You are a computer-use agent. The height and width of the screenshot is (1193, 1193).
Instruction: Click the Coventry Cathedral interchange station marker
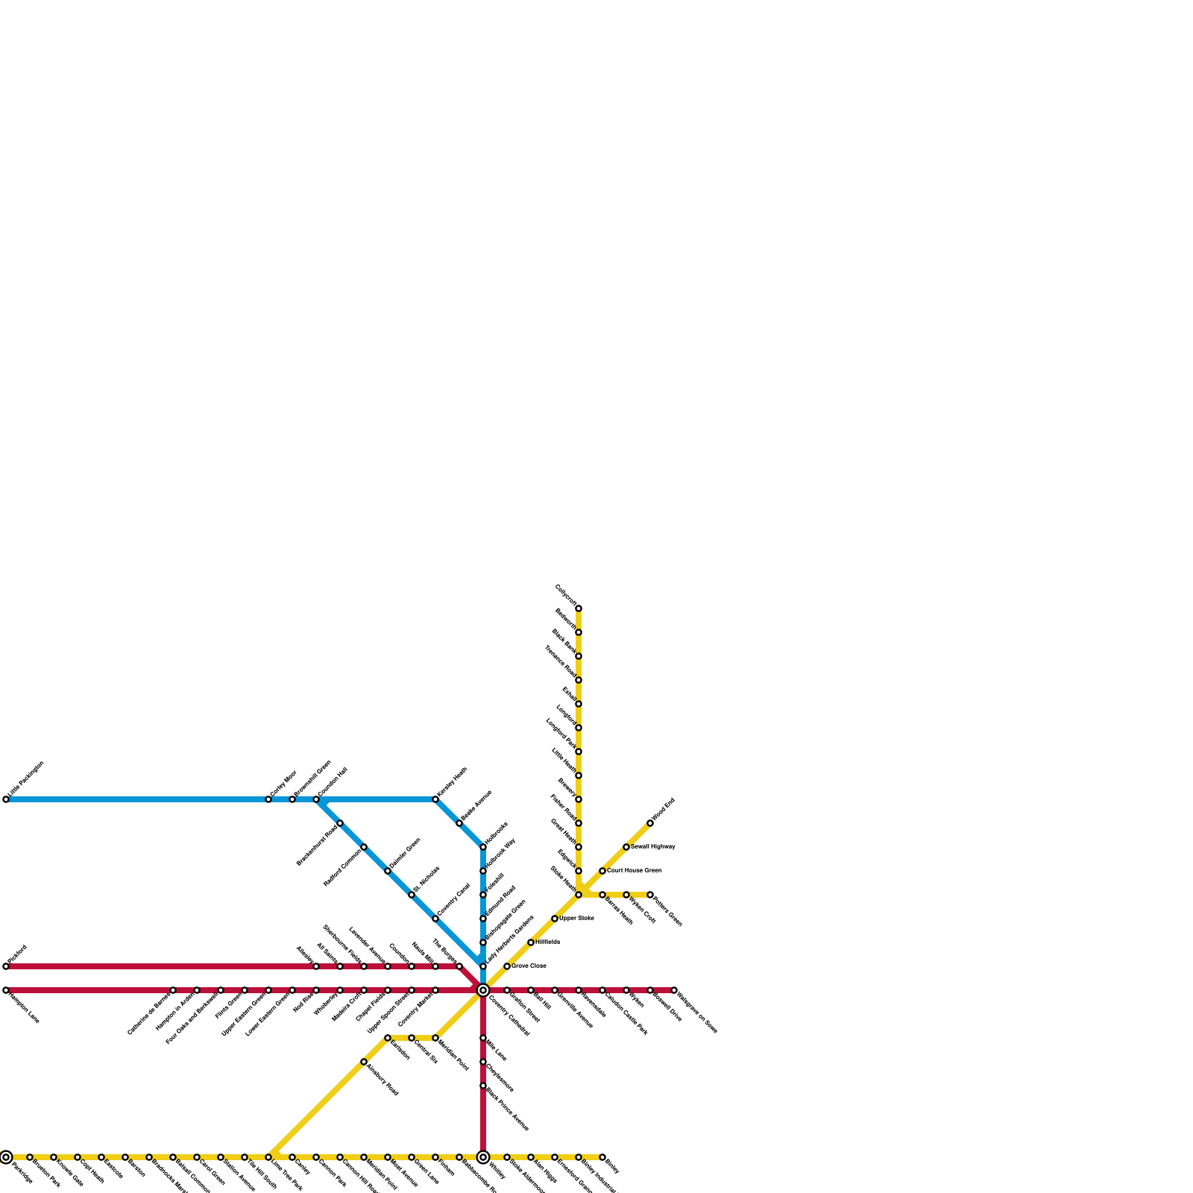[x=483, y=990]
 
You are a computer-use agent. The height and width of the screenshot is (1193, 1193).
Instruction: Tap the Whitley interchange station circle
[x=483, y=1157]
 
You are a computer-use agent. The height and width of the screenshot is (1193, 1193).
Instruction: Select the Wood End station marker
[x=650, y=823]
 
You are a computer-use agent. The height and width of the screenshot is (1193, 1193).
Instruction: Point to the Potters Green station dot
[x=650, y=895]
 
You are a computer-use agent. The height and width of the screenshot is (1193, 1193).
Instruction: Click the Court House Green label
[x=634, y=870]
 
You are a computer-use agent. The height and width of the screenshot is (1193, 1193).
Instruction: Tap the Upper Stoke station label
[x=576, y=918]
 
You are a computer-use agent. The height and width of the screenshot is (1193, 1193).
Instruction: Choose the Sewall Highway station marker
[x=626, y=847]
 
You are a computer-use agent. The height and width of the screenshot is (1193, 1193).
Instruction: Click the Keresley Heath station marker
[x=435, y=799]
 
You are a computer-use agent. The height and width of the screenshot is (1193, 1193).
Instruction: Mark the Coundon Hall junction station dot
[x=316, y=799]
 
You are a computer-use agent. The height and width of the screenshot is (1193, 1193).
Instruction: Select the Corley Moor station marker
[x=268, y=799]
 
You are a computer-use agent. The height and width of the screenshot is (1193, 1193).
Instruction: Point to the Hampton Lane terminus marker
[x=6, y=990]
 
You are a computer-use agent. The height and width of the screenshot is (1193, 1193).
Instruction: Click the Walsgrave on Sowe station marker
[x=674, y=990]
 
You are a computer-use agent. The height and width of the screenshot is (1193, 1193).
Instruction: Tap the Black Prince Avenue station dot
[x=483, y=1086]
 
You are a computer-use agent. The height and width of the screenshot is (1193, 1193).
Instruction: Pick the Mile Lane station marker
[x=483, y=1038]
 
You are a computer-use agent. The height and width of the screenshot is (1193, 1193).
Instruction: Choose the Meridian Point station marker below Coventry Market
[x=435, y=1038]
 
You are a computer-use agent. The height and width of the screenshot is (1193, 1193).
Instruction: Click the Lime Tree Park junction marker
[x=268, y=1157]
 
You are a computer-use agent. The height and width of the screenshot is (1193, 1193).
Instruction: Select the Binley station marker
[x=602, y=1157]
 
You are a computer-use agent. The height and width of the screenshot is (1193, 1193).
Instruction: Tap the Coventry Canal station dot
[x=435, y=919]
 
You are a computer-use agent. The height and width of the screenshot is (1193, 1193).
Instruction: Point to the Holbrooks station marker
[x=483, y=847]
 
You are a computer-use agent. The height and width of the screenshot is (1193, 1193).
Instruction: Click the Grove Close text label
[x=529, y=966]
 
